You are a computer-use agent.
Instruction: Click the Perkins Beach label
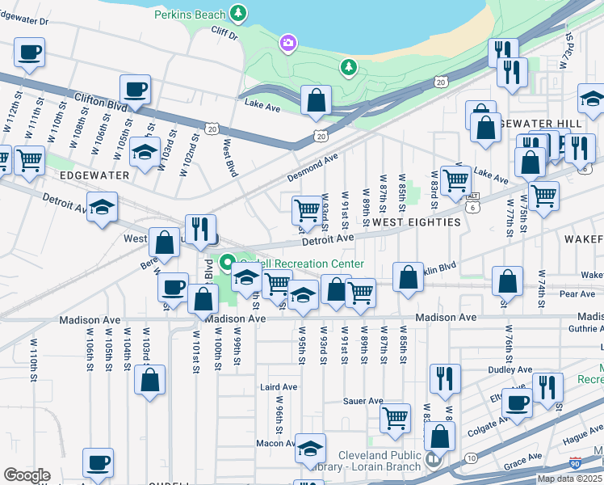191,14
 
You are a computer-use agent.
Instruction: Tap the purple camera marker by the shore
287,42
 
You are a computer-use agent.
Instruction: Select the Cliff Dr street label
225,36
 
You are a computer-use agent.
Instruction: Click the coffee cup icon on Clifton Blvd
135,90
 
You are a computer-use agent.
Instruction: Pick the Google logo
27,475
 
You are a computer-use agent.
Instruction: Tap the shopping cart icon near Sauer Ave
395,418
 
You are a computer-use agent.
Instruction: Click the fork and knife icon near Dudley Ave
445,377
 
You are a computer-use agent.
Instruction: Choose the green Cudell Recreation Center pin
228,262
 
